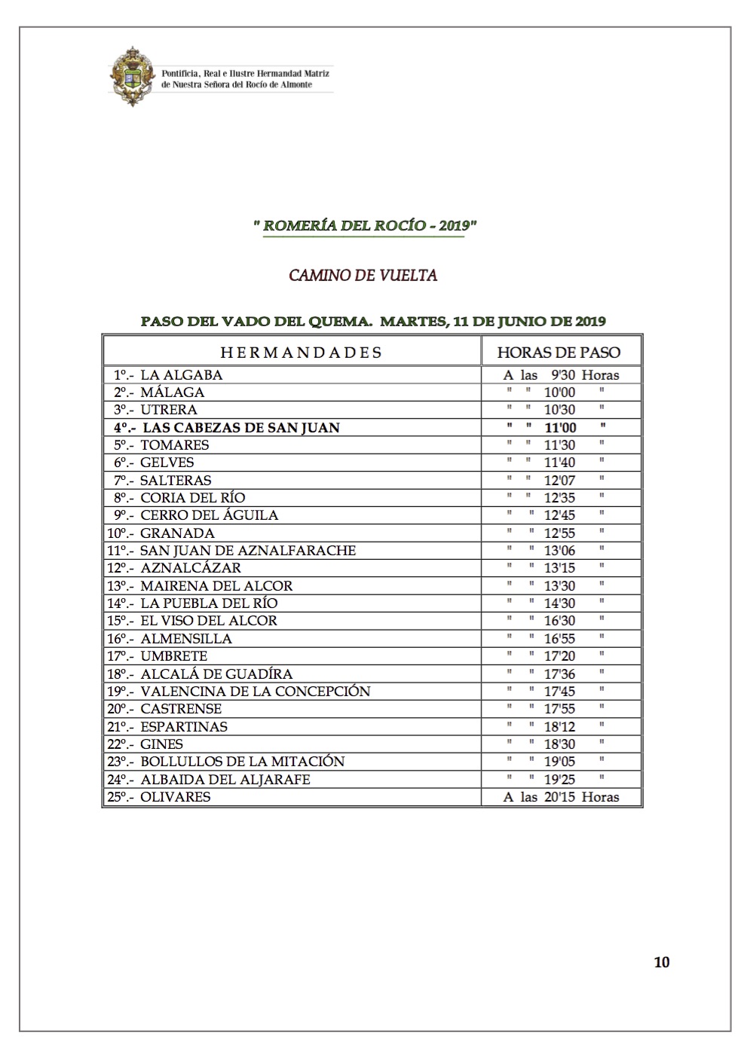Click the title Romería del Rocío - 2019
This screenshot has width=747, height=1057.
365,225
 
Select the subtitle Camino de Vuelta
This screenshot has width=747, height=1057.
363,275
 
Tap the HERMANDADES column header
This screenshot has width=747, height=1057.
301,352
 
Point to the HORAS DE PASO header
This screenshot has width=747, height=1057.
559,352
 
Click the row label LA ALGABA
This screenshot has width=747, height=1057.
181,374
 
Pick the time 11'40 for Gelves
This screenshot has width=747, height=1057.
559,463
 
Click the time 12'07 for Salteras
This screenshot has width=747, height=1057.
559,480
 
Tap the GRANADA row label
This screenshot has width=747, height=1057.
177,533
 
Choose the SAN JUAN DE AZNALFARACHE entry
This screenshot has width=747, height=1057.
248,550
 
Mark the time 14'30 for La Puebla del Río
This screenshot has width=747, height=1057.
559,603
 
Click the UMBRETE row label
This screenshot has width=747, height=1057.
173,655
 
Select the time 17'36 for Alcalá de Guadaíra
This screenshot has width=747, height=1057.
559,674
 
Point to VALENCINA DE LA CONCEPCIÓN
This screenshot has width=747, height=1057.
256,691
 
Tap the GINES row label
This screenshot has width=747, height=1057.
161,744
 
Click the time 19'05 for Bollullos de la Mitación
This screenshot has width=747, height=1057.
559,762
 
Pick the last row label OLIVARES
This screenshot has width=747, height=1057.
175,796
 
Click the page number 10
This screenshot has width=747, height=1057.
662,961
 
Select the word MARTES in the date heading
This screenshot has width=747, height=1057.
412,321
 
